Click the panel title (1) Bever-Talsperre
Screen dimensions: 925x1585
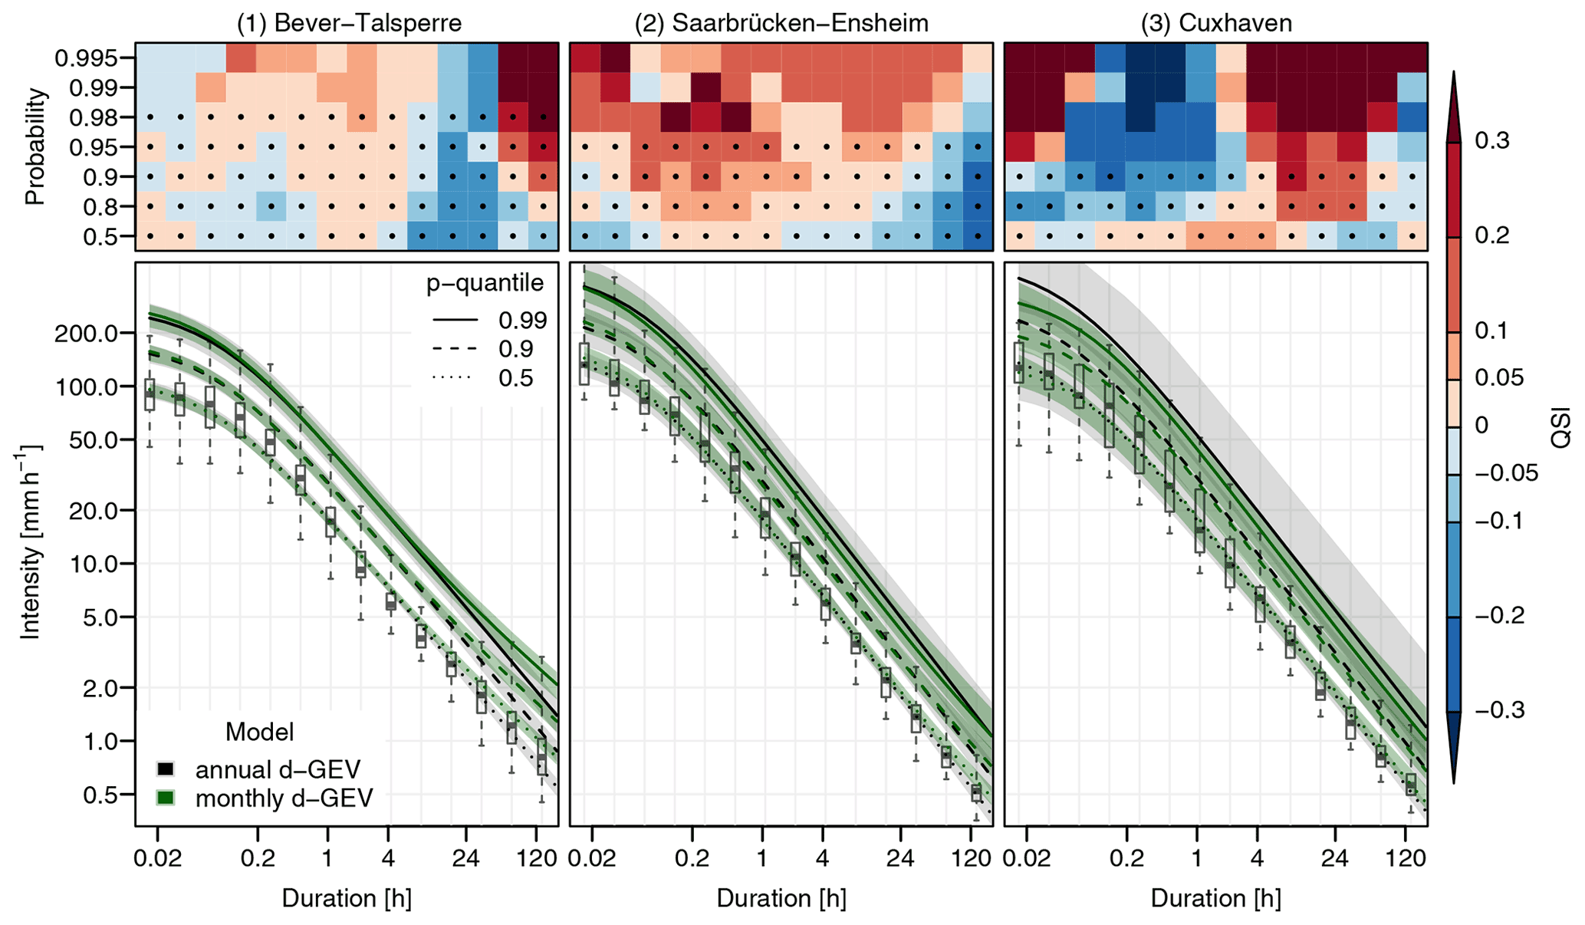coord(349,23)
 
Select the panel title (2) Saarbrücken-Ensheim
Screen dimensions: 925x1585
coord(781,23)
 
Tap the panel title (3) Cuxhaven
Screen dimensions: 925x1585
coord(1215,23)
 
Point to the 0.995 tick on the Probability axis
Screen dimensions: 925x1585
coord(86,58)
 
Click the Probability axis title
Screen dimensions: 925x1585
coord(35,146)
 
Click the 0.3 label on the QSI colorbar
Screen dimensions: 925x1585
coord(1492,140)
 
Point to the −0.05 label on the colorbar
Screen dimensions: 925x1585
coord(1506,473)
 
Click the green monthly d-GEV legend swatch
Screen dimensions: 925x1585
coord(166,798)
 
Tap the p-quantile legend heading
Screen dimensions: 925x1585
coord(485,284)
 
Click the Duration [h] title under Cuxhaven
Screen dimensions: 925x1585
coord(1215,898)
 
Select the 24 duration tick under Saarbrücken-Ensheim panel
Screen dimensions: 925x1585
coord(900,858)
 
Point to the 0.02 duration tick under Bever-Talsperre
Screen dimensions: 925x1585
coord(158,858)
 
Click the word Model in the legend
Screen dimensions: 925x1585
coord(259,732)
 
